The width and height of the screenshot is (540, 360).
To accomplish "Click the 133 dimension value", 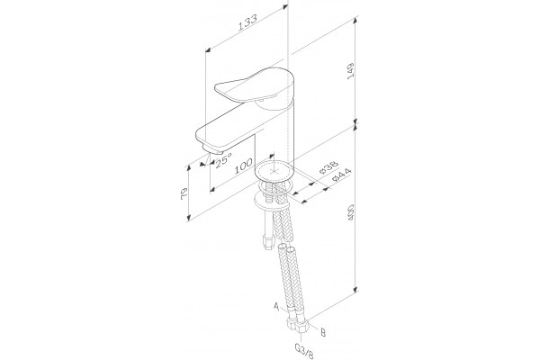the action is point(248,22).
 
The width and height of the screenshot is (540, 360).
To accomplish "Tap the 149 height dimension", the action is point(351,71).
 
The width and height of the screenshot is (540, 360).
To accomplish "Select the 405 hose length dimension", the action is point(351,212).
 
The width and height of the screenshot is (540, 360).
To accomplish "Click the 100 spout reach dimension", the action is point(244,166).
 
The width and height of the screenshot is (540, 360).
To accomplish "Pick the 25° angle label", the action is point(223,159).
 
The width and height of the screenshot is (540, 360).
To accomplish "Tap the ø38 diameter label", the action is point(328,167).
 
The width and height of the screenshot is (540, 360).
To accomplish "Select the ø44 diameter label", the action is point(341,175).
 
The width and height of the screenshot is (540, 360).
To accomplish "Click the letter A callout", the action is point(276,306).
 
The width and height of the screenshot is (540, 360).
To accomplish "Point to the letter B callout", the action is point(323,332).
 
